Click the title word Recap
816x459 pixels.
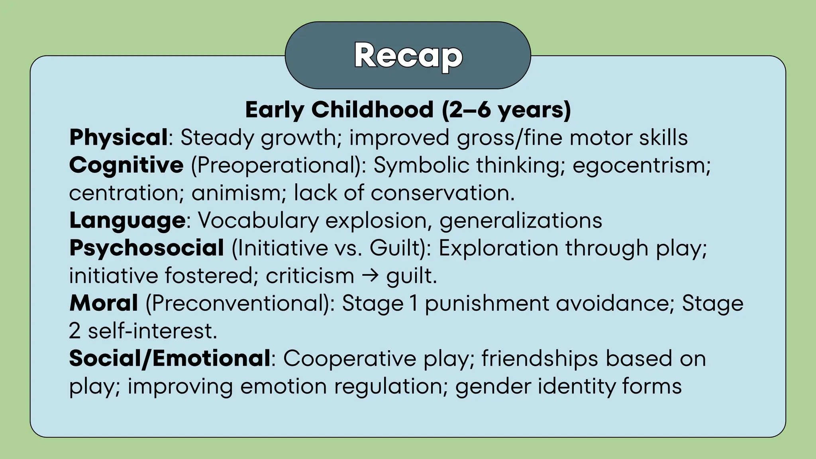pyautogui.click(x=408, y=56)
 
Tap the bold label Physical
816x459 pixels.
pyautogui.click(x=118, y=137)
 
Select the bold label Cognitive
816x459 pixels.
pyautogui.click(x=126, y=165)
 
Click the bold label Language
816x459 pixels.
pyautogui.click(x=127, y=220)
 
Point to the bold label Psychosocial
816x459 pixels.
pyautogui.click(x=147, y=248)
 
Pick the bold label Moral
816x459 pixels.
pyautogui.click(x=104, y=303)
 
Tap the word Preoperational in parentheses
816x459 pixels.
pyautogui.click(x=278, y=165)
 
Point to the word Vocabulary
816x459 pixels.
pyautogui.click(x=258, y=220)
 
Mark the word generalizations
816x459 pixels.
pyautogui.click(x=521, y=220)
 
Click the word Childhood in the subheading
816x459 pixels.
pyautogui.click(x=373, y=110)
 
